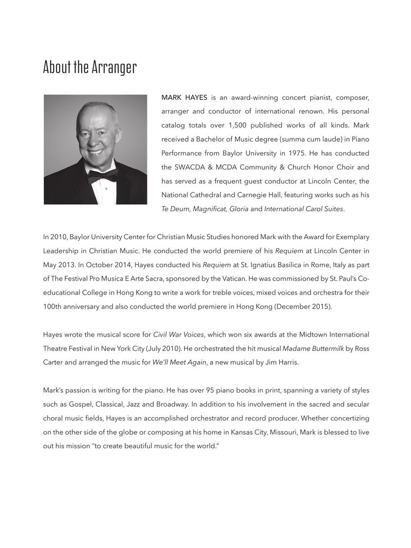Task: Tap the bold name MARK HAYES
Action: [184, 98]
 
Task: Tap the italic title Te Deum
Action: [176, 209]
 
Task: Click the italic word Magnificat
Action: [209, 209]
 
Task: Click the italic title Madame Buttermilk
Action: [313, 349]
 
